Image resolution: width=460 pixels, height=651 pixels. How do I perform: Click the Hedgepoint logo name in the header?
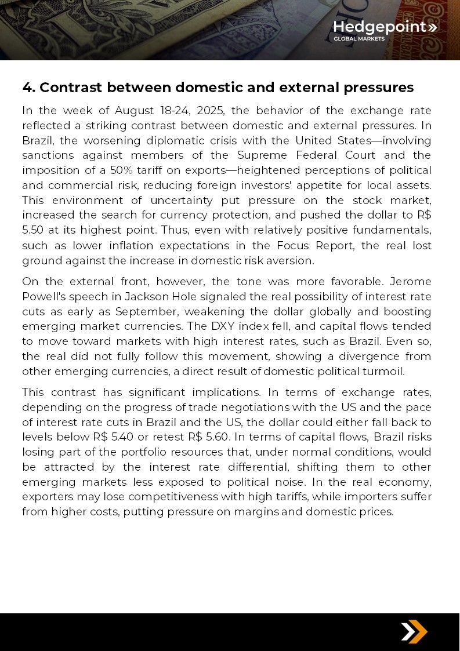click(x=379, y=27)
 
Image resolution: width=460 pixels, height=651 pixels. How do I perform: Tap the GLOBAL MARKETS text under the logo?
click(x=358, y=39)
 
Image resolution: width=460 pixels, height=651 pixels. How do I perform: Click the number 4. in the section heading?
click(x=28, y=88)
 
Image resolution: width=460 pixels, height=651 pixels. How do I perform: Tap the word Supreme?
click(x=261, y=155)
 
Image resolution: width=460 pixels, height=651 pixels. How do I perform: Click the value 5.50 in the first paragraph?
click(x=34, y=230)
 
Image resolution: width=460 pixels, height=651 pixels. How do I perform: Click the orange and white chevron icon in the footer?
click(x=414, y=631)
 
